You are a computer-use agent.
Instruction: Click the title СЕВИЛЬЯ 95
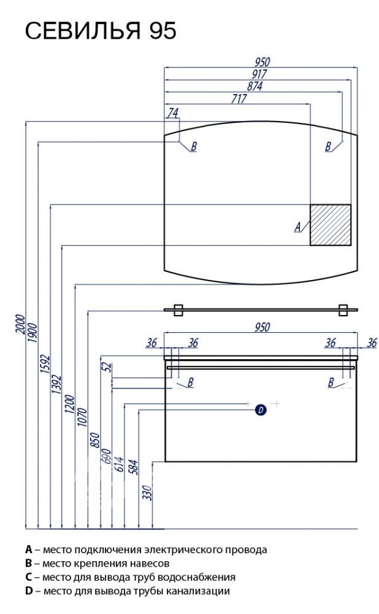coord(101,31)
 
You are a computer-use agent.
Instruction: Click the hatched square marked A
coord(331,225)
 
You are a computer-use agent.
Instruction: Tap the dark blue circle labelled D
coord(261,410)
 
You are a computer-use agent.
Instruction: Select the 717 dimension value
coord(239,98)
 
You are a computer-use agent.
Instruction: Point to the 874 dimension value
coord(255,86)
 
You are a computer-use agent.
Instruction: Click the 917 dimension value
coord(259,74)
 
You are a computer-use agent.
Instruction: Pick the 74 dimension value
coord(172,113)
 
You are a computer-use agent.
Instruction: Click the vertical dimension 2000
coord(20,324)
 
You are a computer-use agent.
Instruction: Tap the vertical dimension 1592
coord(45,364)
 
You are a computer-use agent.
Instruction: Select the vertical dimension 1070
coord(83,417)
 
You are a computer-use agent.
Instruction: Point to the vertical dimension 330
coord(147,492)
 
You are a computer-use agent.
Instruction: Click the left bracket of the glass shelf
coord(179,309)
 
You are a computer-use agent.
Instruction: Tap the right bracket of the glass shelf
coord(343,309)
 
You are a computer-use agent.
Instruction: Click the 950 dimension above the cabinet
coord(262,327)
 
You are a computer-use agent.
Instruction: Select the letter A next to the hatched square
coord(298,227)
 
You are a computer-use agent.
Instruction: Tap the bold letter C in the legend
coord(29,577)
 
